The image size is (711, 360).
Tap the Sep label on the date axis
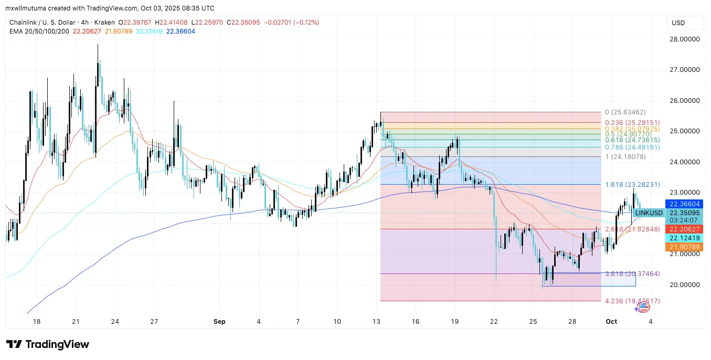tap(220, 321)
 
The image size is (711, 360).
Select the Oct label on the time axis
tap(612, 321)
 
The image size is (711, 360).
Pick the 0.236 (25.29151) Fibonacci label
tap(632, 122)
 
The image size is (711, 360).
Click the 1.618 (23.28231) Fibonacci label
tap(632, 185)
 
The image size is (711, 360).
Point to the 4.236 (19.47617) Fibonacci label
tap(632, 301)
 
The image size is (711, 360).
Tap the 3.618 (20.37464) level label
tap(632, 274)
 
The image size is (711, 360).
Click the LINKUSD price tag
tap(648, 213)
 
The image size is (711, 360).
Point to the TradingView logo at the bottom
tap(48, 344)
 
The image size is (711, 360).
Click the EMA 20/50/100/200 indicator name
tap(39, 31)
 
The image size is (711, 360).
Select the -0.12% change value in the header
tap(307, 23)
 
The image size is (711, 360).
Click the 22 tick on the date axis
tap(494, 321)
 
